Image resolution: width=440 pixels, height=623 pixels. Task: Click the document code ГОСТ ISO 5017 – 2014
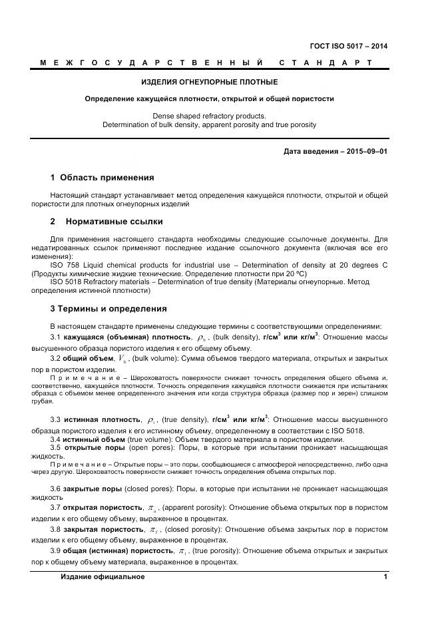(349, 46)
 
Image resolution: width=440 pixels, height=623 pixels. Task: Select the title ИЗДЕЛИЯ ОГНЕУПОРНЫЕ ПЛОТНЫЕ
(210, 82)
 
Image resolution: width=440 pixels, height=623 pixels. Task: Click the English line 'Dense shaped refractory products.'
(209, 116)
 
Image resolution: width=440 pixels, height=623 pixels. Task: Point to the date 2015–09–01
(365, 152)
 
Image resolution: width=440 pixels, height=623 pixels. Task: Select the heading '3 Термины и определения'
(109, 309)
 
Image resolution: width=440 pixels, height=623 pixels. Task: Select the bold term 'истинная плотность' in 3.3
(102, 420)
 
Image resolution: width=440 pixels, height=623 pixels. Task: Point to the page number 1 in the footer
(385, 576)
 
